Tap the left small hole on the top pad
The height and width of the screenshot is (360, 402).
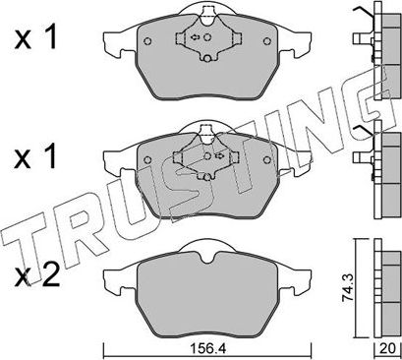145,42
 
